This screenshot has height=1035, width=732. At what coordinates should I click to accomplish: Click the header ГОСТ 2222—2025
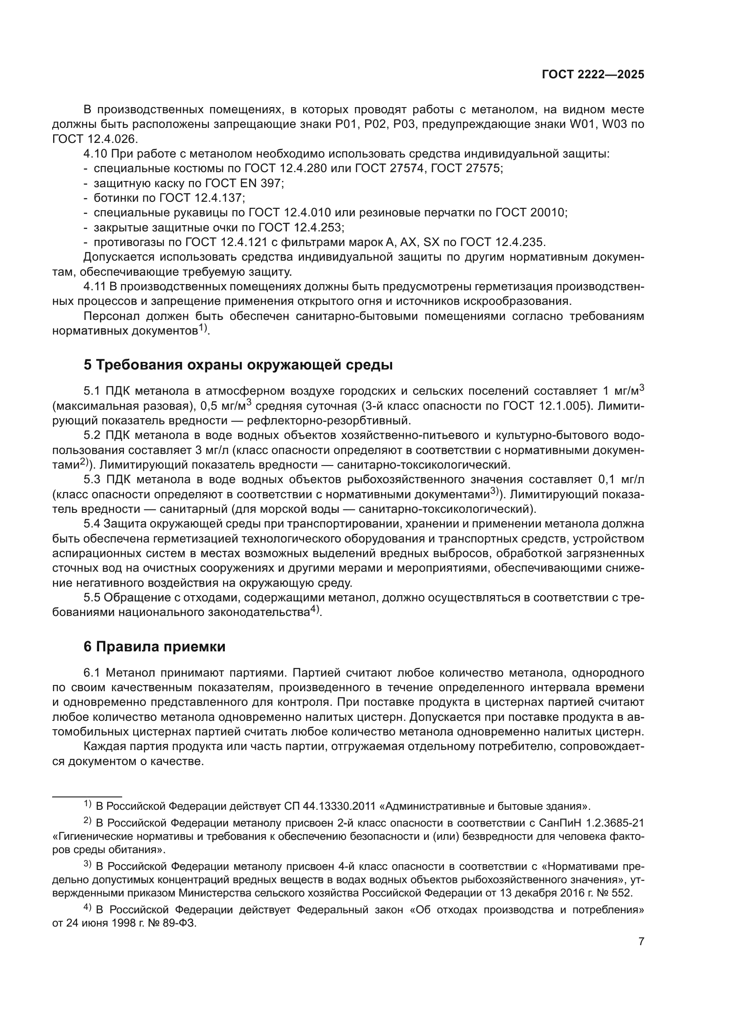point(593,75)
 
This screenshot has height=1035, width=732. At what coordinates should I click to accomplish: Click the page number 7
point(641,941)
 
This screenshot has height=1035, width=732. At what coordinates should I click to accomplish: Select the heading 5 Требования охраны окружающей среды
point(238,365)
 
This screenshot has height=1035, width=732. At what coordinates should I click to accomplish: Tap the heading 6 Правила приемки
point(154,646)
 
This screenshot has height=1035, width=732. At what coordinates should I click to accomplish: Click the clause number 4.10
point(95,154)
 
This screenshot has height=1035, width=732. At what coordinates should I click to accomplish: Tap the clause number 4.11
point(94,287)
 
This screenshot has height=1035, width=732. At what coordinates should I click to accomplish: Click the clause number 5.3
point(93,479)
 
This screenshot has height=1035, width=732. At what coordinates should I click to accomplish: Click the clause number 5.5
point(92,598)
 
